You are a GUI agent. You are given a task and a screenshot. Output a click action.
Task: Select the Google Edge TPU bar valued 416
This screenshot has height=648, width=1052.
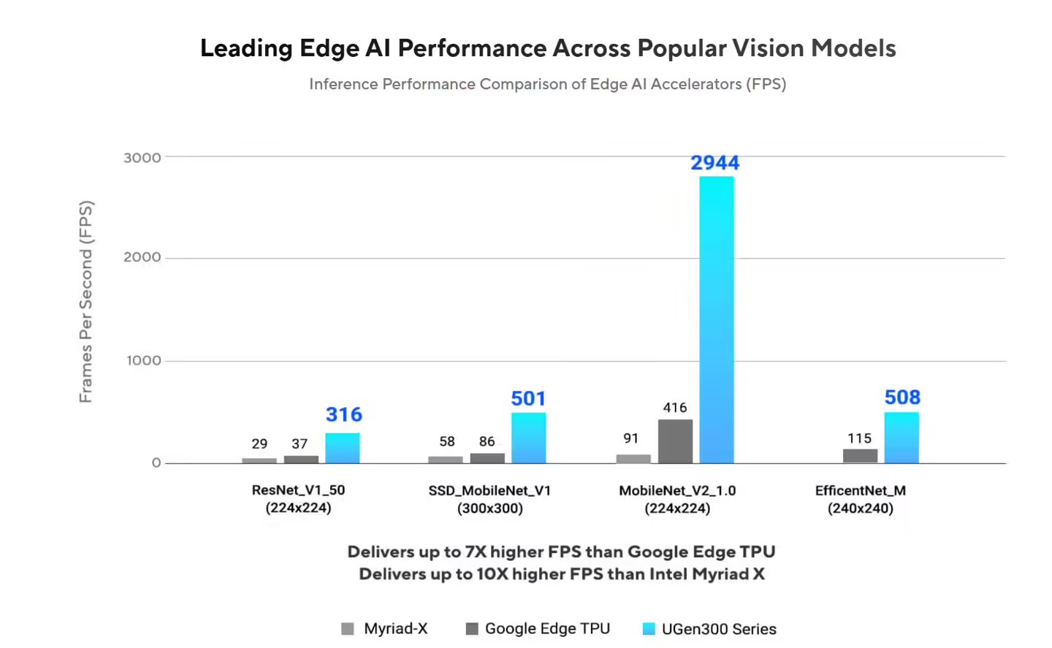pos(675,441)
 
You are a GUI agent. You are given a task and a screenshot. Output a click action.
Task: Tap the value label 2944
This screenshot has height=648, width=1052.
pos(715,163)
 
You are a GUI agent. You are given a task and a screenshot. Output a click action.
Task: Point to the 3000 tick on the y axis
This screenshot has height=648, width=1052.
pos(142,158)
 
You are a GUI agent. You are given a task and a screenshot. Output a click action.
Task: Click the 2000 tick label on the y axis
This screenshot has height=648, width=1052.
pos(142,257)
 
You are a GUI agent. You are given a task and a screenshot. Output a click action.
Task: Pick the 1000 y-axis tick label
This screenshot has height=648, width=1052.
pos(144,360)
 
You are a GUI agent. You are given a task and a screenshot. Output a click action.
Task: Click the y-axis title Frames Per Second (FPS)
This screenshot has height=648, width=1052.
pos(86,301)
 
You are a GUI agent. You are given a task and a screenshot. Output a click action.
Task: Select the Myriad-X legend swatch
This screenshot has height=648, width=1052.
pos(348,628)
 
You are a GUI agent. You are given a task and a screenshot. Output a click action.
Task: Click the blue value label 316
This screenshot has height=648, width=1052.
pos(343,415)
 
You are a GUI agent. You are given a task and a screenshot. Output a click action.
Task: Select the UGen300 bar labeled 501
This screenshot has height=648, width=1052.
pos(528,438)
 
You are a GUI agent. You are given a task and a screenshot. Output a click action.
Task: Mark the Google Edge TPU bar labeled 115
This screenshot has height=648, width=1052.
pos(860,456)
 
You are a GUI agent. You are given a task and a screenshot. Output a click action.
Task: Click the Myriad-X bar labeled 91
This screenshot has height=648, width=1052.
pos(633,459)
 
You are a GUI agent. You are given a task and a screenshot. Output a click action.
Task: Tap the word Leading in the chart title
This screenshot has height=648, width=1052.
pos(246,48)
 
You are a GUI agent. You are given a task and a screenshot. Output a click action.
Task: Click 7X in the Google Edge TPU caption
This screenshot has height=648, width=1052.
pos(476,552)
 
